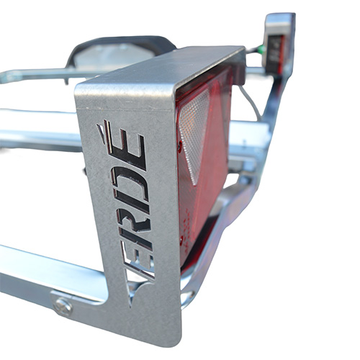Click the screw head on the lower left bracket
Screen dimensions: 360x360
coord(63,307)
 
